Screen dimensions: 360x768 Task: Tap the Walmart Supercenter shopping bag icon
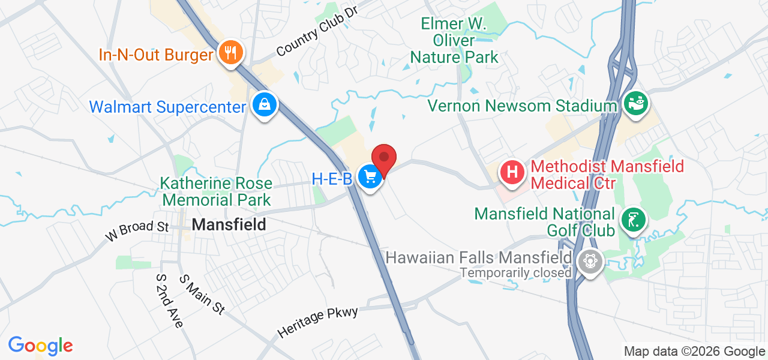(x=264, y=106)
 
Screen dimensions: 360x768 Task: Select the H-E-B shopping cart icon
(x=370, y=176)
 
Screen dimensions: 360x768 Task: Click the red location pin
(x=384, y=158)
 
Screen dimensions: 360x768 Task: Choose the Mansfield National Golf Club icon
(x=634, y=220)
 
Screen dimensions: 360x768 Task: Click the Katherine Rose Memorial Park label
(x=216, y=191)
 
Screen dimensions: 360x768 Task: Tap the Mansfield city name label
(x=229, y=225)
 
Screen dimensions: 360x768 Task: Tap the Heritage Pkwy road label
(x=317, y=322)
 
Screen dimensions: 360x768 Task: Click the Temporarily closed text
(x=515, y=273)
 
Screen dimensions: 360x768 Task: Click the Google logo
(x=40, y=346)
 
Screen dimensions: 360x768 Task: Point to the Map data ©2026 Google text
(x=694, y=352)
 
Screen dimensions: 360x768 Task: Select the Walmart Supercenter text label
(x=167, y=107)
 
